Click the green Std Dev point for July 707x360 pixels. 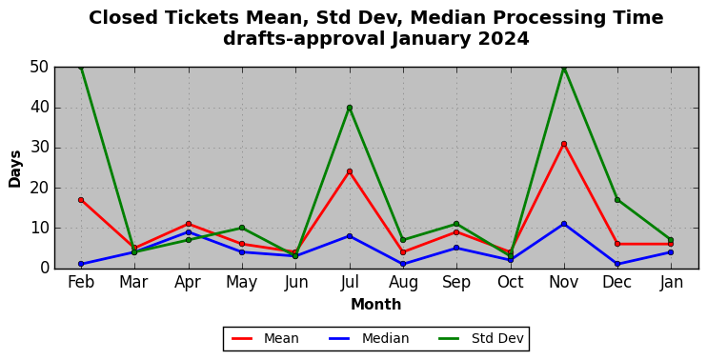[x=350, y=108]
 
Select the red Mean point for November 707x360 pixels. [x=564, y=144]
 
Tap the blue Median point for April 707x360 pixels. [x=189, y=232]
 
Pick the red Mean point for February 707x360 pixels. [x=81, y=200]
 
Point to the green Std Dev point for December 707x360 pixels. [x=617, y=200]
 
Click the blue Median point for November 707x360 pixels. [x=564, y=224]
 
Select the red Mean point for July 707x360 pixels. [x=350, y=171]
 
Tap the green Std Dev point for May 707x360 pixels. [x=242, y=228]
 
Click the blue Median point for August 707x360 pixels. [x=403, y=264]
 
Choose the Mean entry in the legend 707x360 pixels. [x=265, y=338]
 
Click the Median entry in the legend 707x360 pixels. [x=369, y=338]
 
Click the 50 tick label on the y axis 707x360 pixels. [x=39, y=68]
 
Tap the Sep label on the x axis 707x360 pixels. [x=456, y=283]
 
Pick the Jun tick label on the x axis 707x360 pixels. [x=295, y=283]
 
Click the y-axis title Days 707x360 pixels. [x=15, y=169]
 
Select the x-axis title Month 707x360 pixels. [x=376, y=305]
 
